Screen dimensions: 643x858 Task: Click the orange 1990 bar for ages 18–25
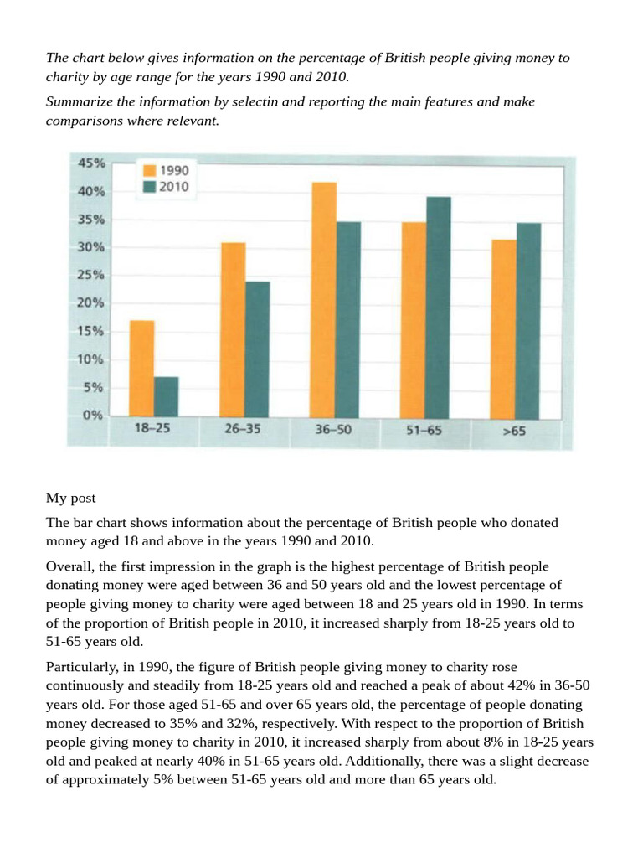click(x=141, y=370)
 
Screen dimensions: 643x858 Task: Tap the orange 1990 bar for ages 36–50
click(x=323, y=301)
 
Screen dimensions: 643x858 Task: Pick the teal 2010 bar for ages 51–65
click(x=439, y=308)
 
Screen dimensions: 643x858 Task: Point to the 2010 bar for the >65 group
click(x=528, y=321)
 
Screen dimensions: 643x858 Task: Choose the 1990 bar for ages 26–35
click(x=233, y=330)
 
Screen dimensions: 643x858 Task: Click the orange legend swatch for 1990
click(x=149, y=170)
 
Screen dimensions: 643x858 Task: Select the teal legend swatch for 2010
click(x=149, y=187)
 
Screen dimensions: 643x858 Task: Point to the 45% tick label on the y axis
click(x=91, y=163)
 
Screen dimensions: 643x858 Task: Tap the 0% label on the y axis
click(x=93, y=416)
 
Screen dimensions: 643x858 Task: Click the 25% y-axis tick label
click(x=90, y=275)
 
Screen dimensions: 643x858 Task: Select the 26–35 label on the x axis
click(x=242, y=429)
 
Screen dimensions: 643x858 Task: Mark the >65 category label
click(x=514, y=432)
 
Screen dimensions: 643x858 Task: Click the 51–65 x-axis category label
click(x=424, y=430)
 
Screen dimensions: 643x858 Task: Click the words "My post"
click(x=70, y=499)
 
